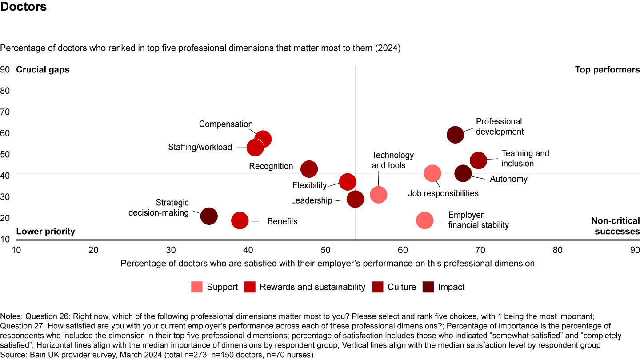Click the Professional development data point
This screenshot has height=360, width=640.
(455, 135)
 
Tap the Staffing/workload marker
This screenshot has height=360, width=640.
(255, 148)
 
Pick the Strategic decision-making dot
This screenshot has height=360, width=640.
(209, 216)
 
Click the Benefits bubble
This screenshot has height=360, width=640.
(240, 220)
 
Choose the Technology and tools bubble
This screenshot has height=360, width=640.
(378, 195)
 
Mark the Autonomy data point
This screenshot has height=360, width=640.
(463, 174)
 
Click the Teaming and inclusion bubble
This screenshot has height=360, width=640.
(478, 160)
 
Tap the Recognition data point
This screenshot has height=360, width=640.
(309, 169)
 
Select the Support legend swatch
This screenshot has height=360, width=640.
(197, 287)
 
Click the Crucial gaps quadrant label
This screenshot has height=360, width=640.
(43, 70)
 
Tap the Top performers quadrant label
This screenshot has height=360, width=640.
(607, 70)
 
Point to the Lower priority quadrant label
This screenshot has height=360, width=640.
(45, 232)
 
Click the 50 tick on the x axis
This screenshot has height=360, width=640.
(325, 250)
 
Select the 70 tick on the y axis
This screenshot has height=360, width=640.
(5, 112)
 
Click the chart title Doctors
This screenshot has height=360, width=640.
(23, 8)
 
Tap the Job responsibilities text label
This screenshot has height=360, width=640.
(443, 193)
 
